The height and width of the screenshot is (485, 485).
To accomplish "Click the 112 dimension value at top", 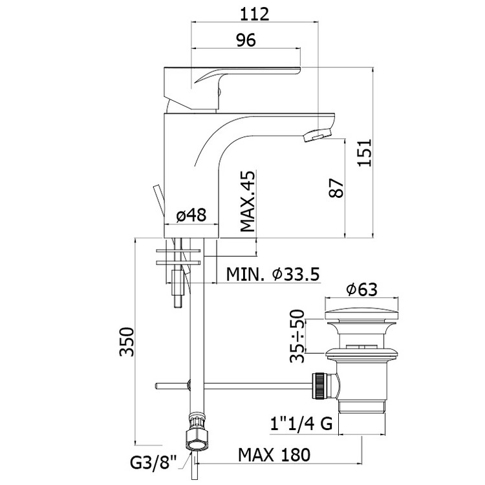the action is click(x=255, y=14).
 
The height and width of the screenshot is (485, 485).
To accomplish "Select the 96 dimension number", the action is click(x=246, y=40).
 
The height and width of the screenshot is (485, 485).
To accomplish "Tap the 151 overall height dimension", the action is click(x=364, y=153).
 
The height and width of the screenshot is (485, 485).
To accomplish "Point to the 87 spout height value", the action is click(x=336, y=188).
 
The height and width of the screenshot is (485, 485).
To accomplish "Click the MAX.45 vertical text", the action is click(x=248, y=201).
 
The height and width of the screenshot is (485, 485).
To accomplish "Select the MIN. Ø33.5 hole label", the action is click(x=273, y=274).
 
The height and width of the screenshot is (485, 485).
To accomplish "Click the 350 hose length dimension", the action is click(x=127, y=341).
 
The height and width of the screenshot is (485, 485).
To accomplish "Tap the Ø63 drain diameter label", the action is click(x=362, y=290).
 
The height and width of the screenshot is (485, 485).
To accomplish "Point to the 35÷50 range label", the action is click(x=297, y=336).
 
